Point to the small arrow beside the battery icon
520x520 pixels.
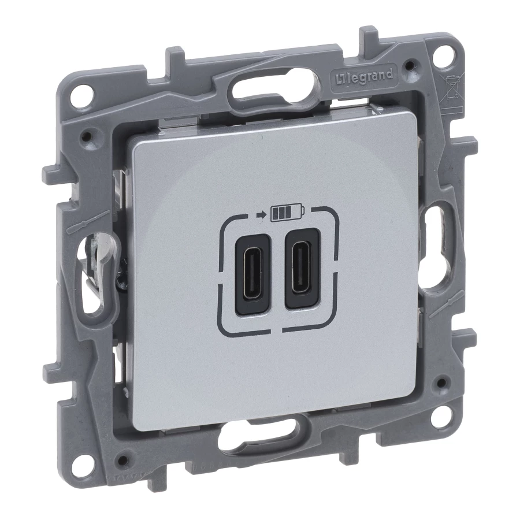[262, 214]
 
